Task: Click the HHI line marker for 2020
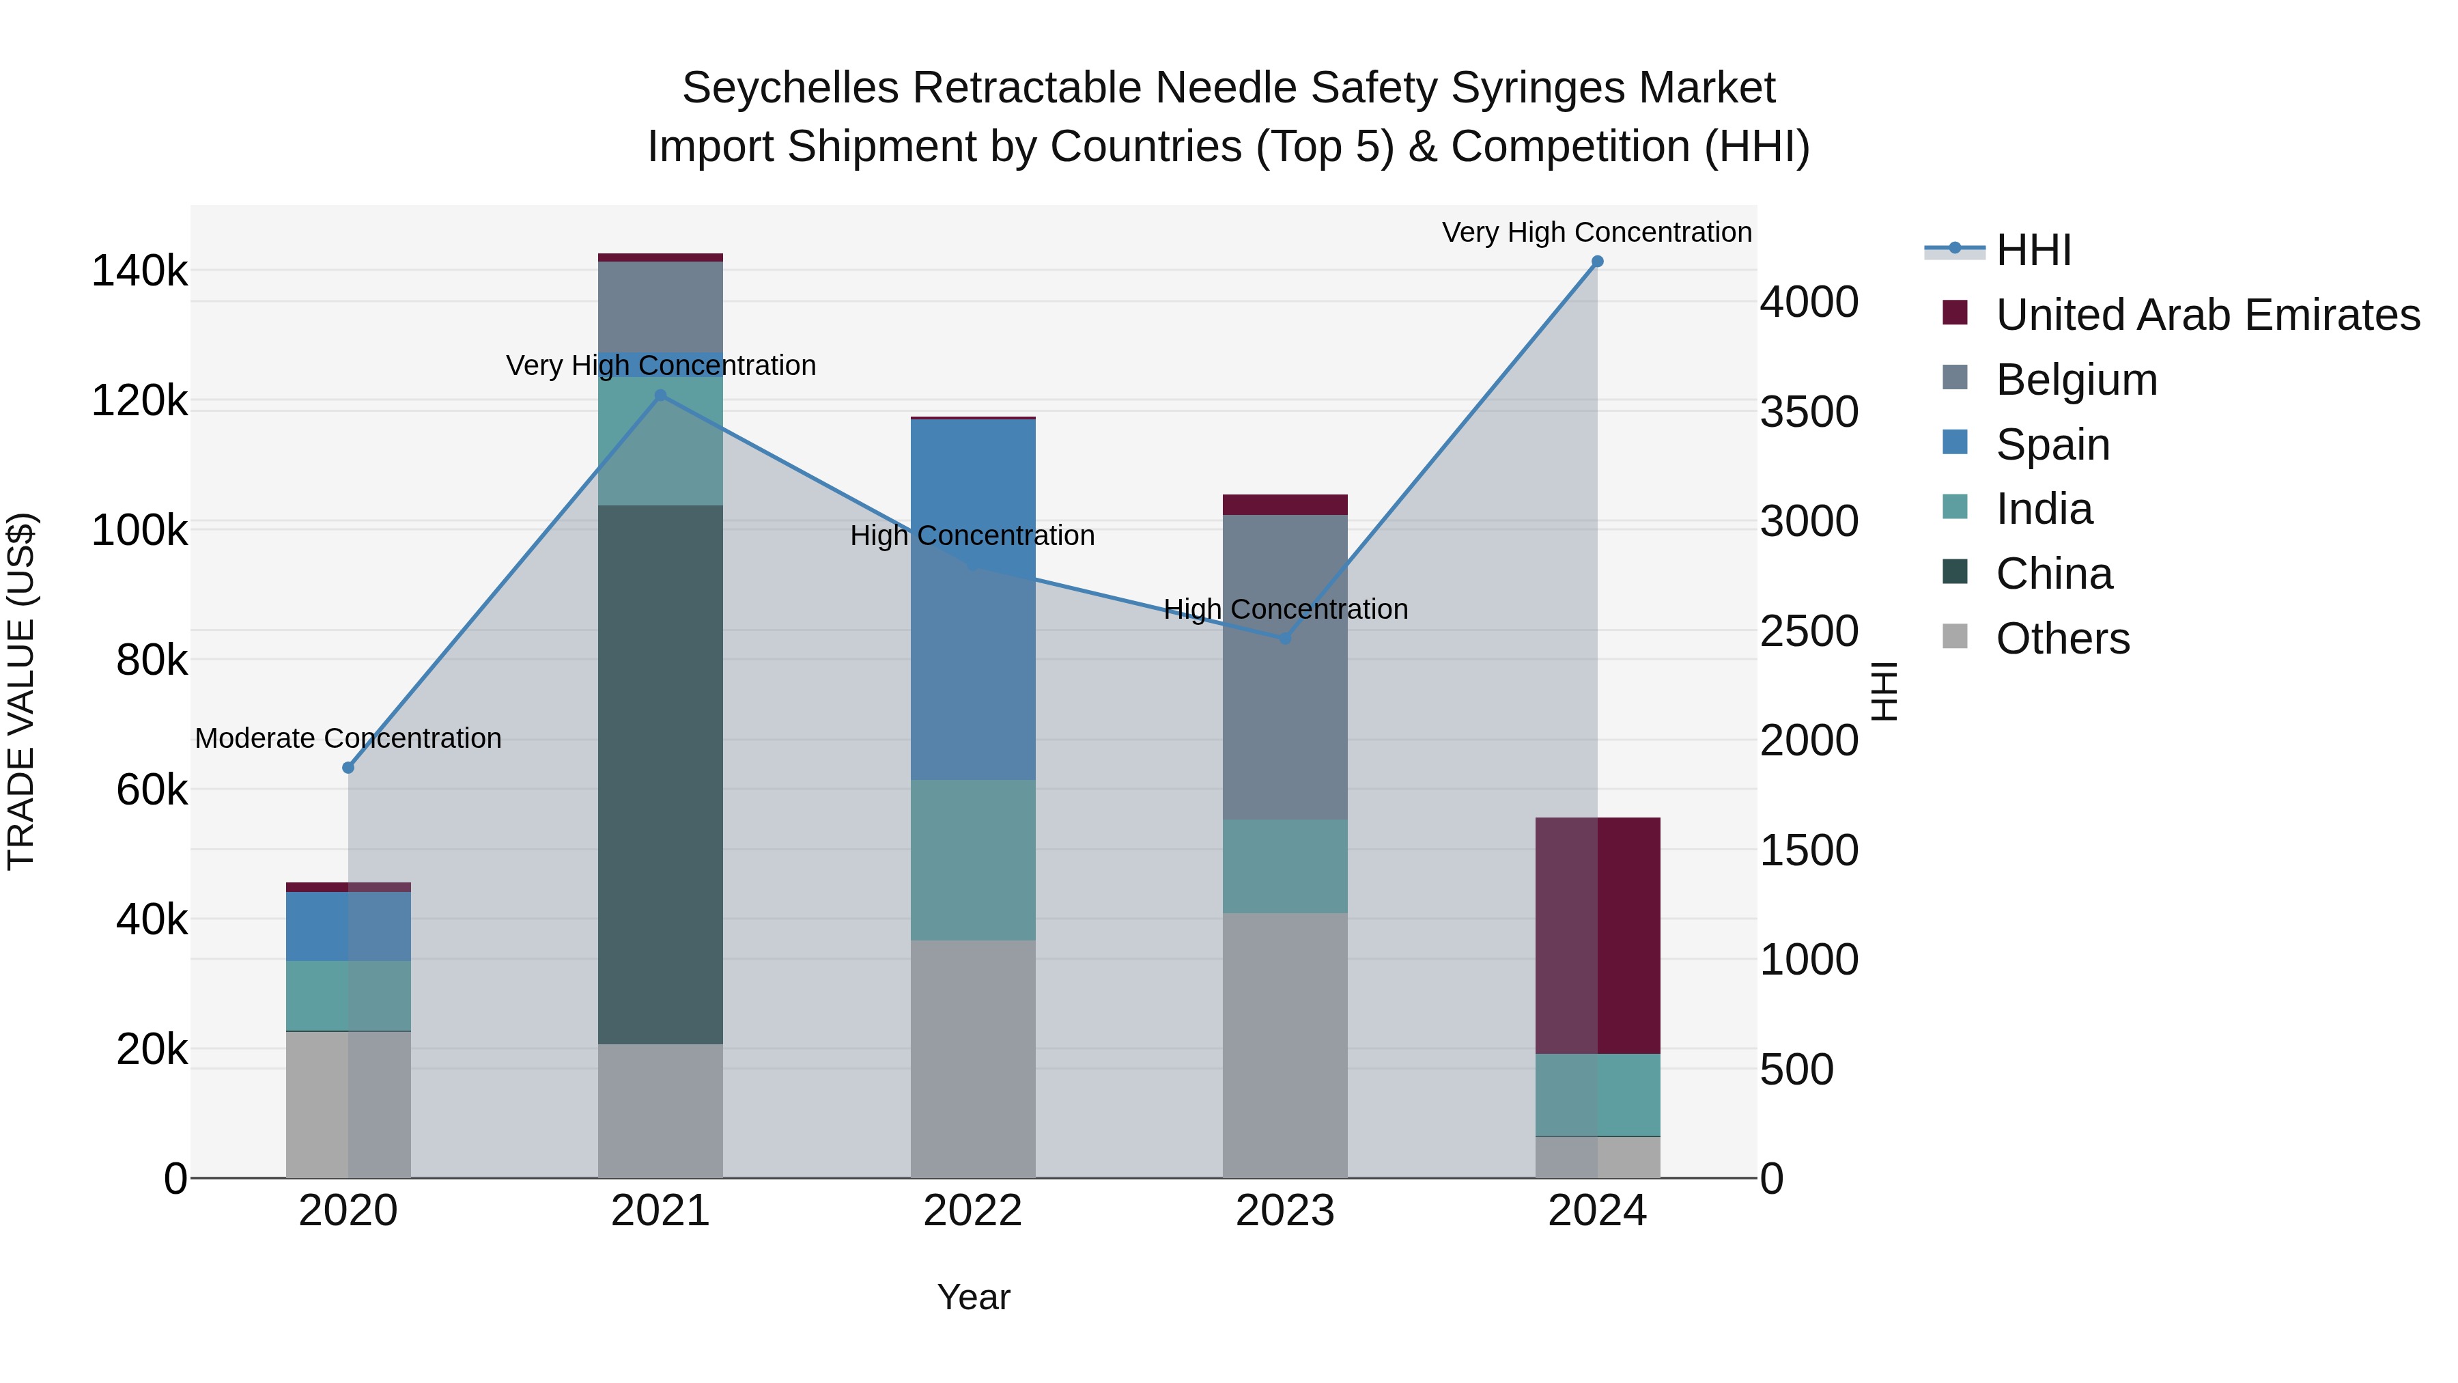tap(348, 768)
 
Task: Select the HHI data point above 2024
tap(1597, 262)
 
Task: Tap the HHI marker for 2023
tap(1285, 639)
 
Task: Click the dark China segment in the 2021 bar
tap(660, 773)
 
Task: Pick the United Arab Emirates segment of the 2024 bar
tap(1597, 936)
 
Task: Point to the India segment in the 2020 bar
tap(348, 996)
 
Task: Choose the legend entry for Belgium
tap(2076, 380)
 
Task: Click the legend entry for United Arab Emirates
tap(2206, 315)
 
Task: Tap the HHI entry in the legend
tap(2033, 250)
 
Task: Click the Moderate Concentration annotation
tap(348, 739)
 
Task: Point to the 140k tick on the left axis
tap(139, 271)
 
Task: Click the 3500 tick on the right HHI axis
tap(1808, 413)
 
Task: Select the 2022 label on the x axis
tap(972, 1211)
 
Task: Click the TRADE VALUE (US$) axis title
tap(21, 691)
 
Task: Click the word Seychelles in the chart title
tap(790, 88)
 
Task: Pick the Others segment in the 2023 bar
tap(1285, 1045)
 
